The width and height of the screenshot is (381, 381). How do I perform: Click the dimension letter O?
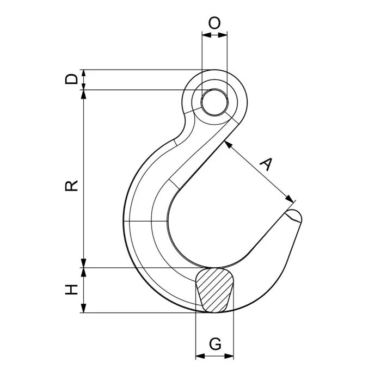coord(214,23)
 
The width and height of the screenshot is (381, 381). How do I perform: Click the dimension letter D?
coord(71,79)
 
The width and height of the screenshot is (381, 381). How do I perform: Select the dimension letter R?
coord(71,186)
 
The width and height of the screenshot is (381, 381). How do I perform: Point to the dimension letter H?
coord(71,290)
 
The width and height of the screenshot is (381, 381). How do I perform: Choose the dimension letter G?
coord(215,344)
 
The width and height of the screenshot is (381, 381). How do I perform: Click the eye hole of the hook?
coord(214,102)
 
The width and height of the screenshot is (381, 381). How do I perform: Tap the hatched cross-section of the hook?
coord(214,290)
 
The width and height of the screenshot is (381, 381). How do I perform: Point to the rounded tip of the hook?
coord(294,216)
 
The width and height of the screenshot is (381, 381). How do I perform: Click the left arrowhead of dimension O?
coord(206,35)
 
